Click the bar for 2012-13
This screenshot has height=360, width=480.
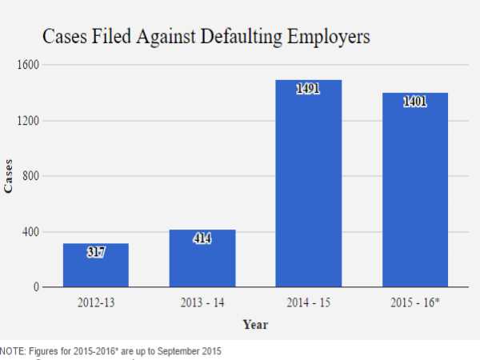pyautogui.click(x=96, y=265)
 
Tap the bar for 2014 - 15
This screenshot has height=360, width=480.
pyautogui.click(x=308, y=183)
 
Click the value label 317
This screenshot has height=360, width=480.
pyautogui.click(x=96, y=251)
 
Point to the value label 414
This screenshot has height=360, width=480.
pyautogui.click(x=202, y=238)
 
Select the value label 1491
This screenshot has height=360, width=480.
pyautogui.click(x=308, y=89)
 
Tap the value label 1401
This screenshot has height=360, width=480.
pyautogui.click(x=414, y=102)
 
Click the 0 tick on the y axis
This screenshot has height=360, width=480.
pyautogui.click(x=36, y=287)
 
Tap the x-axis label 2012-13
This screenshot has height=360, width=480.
pyautogui.click(x=96, y=305)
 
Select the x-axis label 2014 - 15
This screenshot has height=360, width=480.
pyautogui.click(x=308, y=305)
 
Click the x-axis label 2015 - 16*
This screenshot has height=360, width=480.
pyautogui.click(x=415, y=305)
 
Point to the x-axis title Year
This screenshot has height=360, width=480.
pyautogui.click(x=256, y=325)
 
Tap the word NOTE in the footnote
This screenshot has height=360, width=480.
pyautogui.click(x=13, y=351)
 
